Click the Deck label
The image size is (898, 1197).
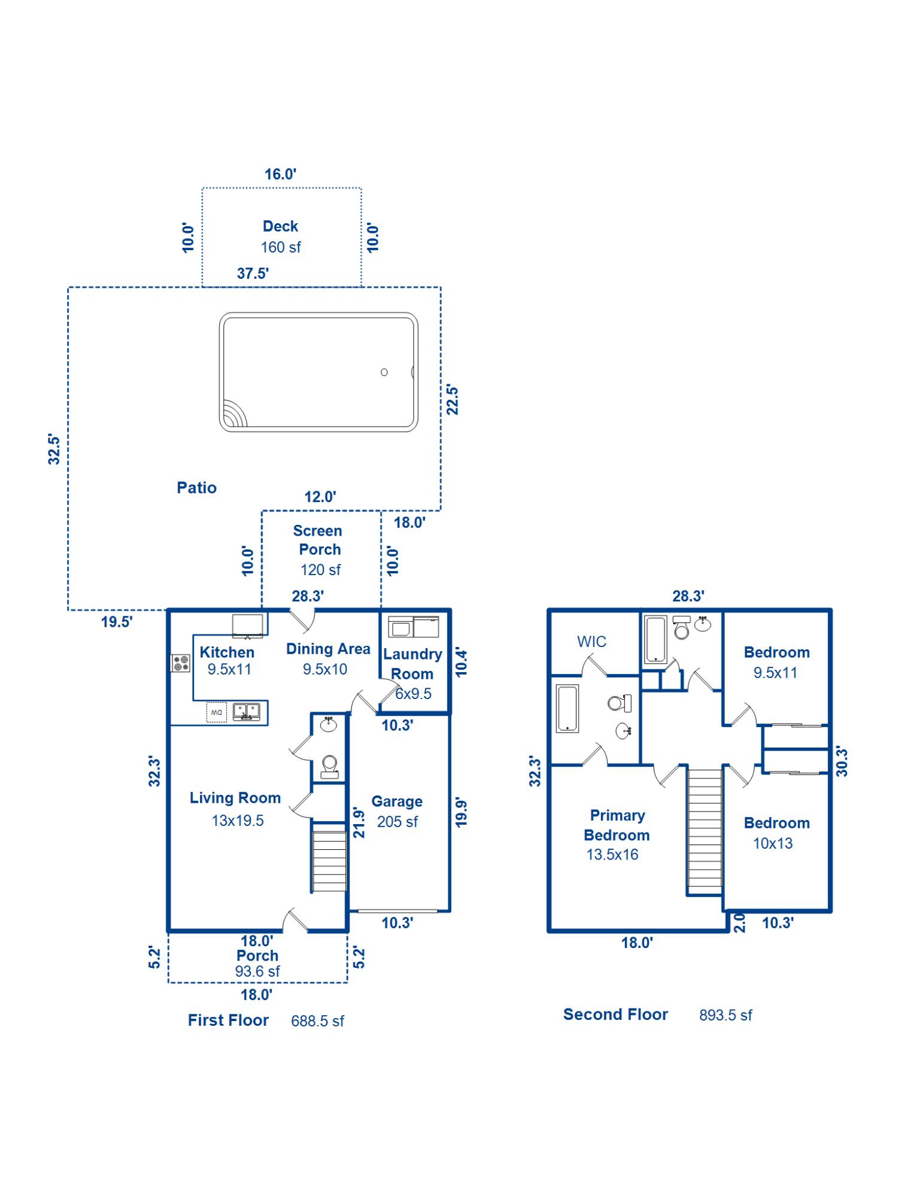pyautogui.click(x=280, y=226)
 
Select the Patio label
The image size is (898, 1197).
pyautogui.click(x=196, y=488)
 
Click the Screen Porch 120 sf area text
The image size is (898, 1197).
pyautogui.click(x=320, y=570)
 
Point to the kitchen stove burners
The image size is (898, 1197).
pyautogui.click(x=181, y=663)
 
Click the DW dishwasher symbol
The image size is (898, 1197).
pyautogui.click(x=217, y=712)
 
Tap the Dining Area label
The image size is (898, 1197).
pyautogui.click(x=328, y=649)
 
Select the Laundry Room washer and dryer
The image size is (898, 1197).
pyautogui.click(x=414, y=627)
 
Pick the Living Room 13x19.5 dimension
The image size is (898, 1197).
pyautogui.click(x=238, y=821)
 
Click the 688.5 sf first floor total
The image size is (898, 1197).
pyautogui.click(x=317, y=1021)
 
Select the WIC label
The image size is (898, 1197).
pyautogui.click(x=591, y=642)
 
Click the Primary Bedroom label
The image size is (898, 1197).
pyautogui.click(x=617, y=825)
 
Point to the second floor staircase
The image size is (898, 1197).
pyautogui.click(x=705, y=830)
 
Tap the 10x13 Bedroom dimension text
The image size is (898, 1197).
pyautogui.click(x=773, y=843)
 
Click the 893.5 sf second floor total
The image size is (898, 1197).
pyautogui.click(x=726, y=1015)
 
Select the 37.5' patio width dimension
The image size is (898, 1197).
pyautogui.click(x=253, y=274)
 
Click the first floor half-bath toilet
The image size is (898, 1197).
pyautogui.click(x=329, y=766)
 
